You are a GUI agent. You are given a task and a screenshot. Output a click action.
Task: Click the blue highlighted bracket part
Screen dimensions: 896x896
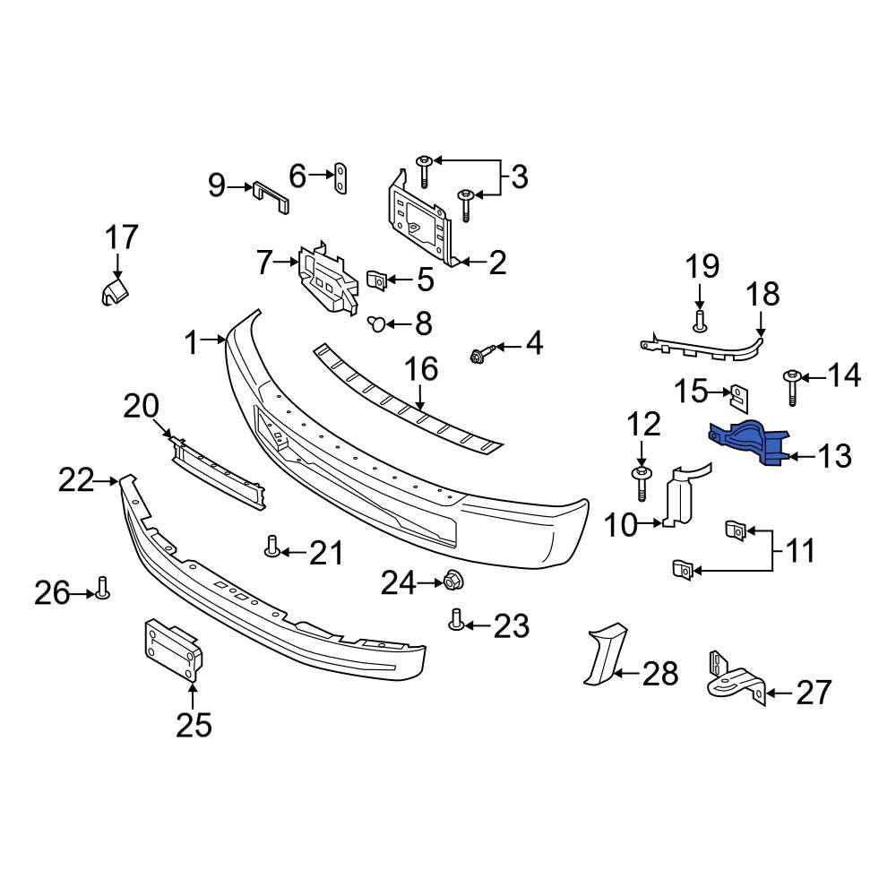coord(747,442)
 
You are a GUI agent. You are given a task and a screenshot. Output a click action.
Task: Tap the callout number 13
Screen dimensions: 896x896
coord(834,456)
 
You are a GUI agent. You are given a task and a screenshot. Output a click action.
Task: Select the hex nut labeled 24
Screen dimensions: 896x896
coord(453,582)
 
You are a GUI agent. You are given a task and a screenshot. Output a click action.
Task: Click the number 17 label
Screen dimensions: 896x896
coord(122,237)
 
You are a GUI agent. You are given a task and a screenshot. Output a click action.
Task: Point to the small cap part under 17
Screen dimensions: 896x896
coord(115,291)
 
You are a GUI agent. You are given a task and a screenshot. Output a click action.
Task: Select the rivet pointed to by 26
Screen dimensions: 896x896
coord(103,588)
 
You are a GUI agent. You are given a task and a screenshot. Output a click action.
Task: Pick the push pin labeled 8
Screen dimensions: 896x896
coord(376,324)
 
